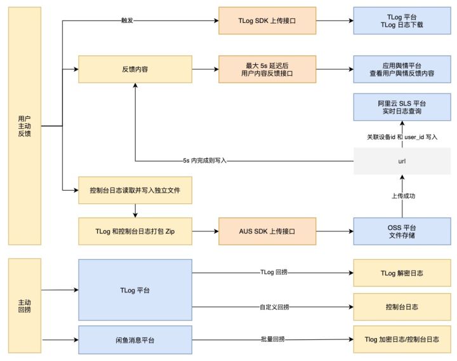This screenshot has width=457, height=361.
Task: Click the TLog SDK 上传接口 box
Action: click(267, 21)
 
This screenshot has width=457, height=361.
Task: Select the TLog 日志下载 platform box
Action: click(402, 21)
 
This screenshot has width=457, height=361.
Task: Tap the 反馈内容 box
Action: click(135, 69)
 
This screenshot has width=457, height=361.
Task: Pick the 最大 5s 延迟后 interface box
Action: click(267, 69)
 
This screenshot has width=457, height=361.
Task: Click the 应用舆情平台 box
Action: click(402, 69)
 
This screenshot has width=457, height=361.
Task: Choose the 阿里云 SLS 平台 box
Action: click(402, 107)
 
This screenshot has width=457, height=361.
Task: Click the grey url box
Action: click(402, 161)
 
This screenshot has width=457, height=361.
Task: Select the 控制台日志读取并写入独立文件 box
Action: click(135, 190)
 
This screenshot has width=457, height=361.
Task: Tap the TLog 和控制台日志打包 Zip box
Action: click(135, 231)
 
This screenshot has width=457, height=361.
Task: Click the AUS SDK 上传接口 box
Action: click(267, 231)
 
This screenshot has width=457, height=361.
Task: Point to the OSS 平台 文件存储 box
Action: click(402, 231)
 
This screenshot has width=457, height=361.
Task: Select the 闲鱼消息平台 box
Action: click(135, 339)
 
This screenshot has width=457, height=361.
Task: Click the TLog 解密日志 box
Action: click(402, 273)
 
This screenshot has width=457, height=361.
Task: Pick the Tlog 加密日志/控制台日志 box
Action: click(402, 339)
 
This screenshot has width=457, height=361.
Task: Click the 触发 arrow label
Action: click(127, 20)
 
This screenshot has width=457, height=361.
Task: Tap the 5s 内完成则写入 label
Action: click(204, 161)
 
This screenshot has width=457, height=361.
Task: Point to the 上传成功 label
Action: click(403, 196)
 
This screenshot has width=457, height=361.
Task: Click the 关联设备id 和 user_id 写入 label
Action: click(402, 137)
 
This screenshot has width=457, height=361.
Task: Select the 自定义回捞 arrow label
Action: click(274, 307)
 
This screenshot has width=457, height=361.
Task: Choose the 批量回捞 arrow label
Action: click(273, 339)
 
